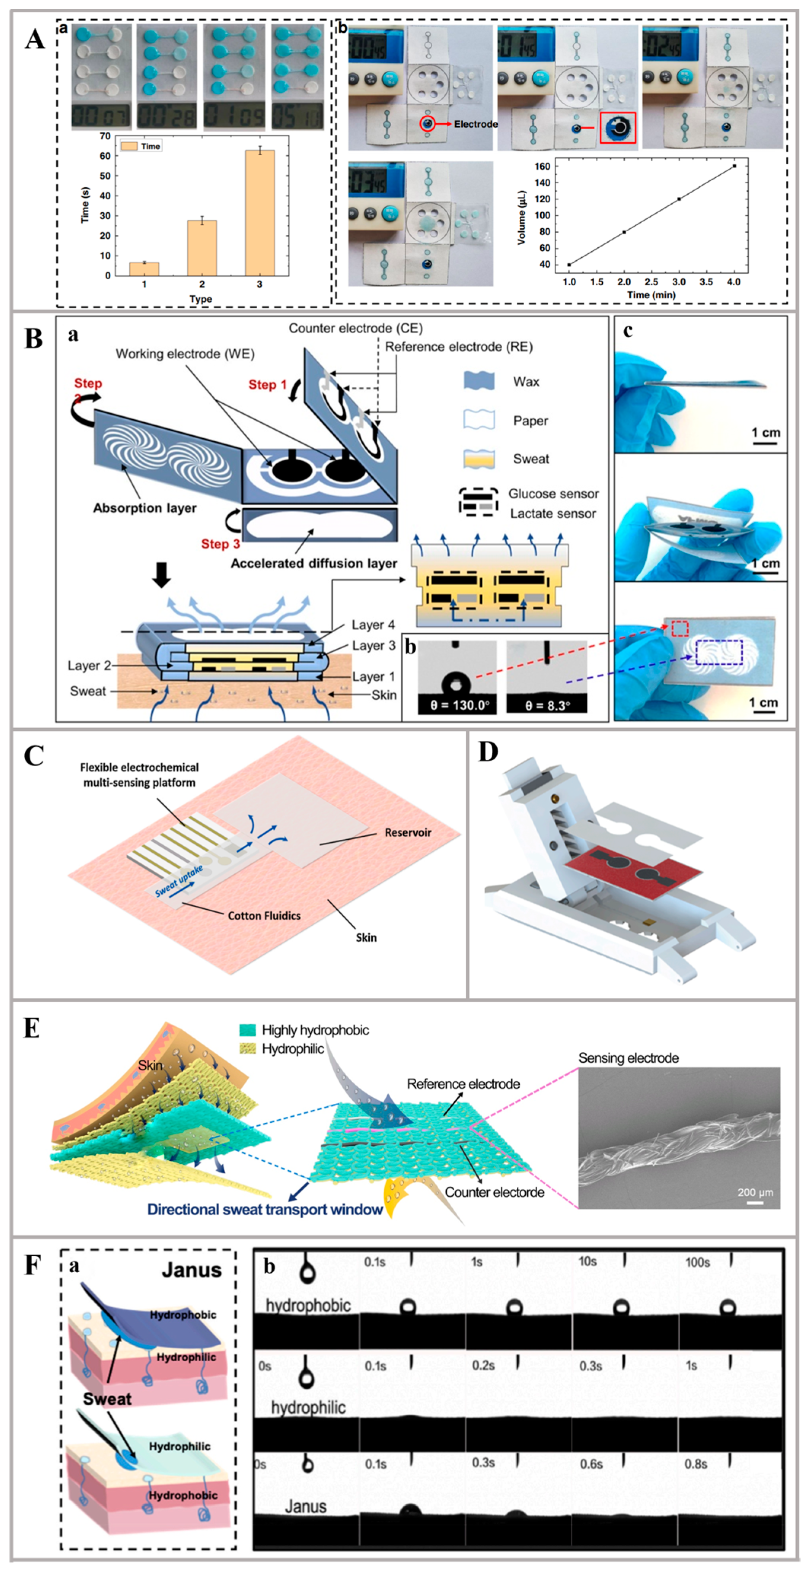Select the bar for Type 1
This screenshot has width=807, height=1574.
[144, 269]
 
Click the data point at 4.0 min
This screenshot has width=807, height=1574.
[734, 166]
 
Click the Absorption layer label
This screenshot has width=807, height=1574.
[145, 508]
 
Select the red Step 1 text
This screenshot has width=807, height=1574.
[267, 384]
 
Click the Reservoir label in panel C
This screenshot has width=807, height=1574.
[408, 832]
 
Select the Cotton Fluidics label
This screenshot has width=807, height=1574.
[264, 915]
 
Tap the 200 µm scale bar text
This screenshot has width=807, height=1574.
[755, 1192]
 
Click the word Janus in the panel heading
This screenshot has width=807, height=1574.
[191, 1270]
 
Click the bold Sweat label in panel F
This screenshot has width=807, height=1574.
[107, 1399]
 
